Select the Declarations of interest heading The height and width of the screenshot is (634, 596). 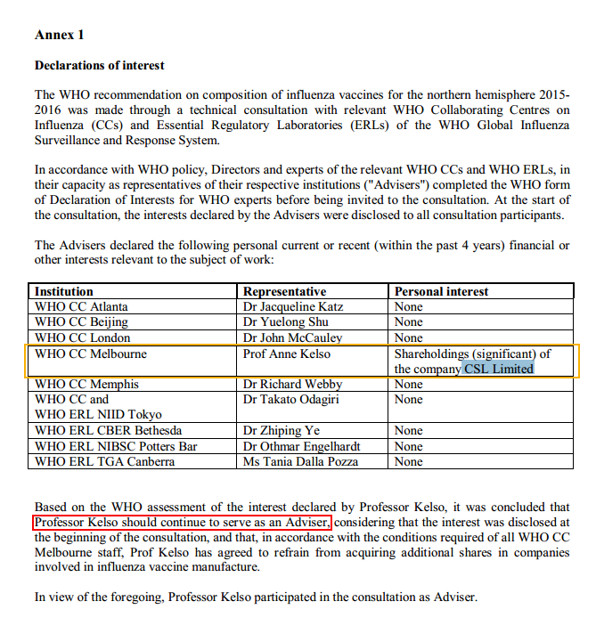[99, 65]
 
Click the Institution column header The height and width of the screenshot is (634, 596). [63, 291]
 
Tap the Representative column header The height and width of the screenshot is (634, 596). [284, 291]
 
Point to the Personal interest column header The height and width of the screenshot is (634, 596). [441, 291]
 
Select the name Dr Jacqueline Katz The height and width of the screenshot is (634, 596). [293, 306]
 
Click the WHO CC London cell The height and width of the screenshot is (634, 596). [82, 337]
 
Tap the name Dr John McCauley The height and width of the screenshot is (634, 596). [292, 337]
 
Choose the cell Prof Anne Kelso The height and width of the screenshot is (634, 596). [286, 354]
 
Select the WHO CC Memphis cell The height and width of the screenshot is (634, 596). [86, 384]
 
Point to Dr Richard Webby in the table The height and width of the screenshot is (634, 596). [292, 384]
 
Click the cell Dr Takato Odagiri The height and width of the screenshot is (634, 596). [291, 399]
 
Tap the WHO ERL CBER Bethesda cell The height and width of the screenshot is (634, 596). [108, 430]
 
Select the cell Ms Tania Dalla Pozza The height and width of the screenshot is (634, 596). [301, 461]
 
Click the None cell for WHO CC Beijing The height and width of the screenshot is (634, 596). [408, 321]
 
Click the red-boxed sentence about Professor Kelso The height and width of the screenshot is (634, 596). [183, 522]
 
